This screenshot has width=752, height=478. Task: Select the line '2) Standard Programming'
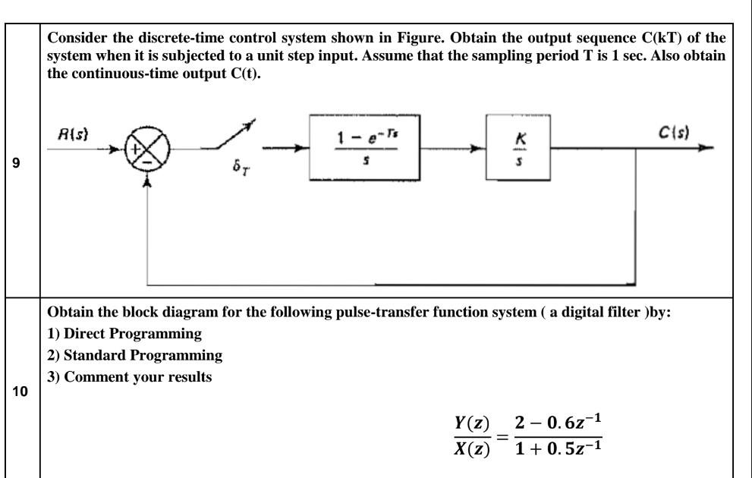(119, 356)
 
